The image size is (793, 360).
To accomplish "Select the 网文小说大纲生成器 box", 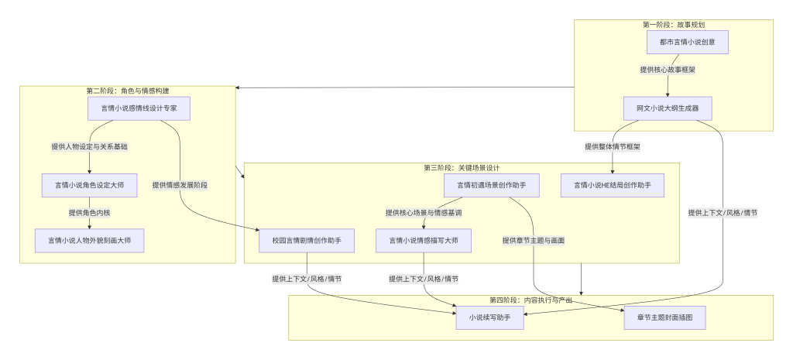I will [x=668, y=108].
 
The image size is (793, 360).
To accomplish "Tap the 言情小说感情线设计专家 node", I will [x=139, y=108].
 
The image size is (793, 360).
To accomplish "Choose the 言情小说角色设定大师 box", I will [x=90, y=185].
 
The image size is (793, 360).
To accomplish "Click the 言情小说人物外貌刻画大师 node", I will [x=90, y=241].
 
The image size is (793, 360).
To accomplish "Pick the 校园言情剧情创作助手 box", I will [x=307, y=241].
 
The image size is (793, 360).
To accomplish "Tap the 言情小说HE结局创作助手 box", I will [x=613, y=185].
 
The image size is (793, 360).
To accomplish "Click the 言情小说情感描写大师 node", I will [x=423, y=241].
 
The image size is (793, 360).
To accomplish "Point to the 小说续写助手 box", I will [x=489, y=317].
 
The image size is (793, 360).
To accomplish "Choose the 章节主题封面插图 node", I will [x=665, y=317].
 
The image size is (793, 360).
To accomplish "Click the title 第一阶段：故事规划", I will [x=674, y=25].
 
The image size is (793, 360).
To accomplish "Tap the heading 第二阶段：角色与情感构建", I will [x=128, y=91].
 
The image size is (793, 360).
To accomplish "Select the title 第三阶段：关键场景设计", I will [x=462, y=167].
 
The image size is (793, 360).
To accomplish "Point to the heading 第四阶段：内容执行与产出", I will [x=530, y=300].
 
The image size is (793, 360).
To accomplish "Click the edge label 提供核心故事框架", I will [x=668, y=70].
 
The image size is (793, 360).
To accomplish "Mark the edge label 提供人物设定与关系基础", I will [x=90, y=146].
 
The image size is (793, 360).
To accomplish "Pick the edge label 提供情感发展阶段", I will [x=180, y=185].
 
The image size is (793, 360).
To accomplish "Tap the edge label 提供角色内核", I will [x=90, y=213].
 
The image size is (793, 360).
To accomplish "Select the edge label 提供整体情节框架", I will [x=613, y=146].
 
